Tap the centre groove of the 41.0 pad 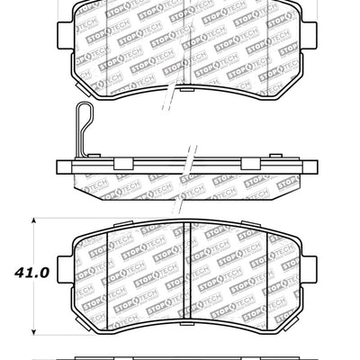click(x=185, y=270)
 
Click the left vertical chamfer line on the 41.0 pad click(x=107, y=270)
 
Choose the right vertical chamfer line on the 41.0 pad click(x=264, y=270)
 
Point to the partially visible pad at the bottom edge click(x=185, y=355)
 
